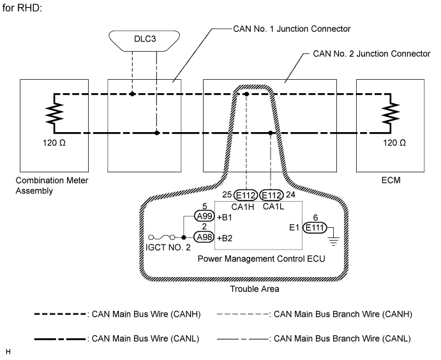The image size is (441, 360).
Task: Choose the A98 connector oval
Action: [x=204, y=237]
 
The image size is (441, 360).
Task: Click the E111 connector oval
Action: [x=314, y=227]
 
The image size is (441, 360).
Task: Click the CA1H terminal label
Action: [x=246, y=206]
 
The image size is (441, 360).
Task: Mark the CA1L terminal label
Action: [x=272, y=206]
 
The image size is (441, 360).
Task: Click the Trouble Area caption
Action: [x=254, y=289]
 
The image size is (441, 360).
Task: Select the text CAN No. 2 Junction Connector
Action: [x=371, y=54]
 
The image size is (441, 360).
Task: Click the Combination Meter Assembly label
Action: [x=52, y=185]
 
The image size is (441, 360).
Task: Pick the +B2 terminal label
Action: [x=225, y=237]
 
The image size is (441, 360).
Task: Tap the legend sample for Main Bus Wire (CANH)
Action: [x=61, y=314]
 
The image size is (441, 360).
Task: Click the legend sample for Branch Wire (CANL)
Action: [x=243, y=338]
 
